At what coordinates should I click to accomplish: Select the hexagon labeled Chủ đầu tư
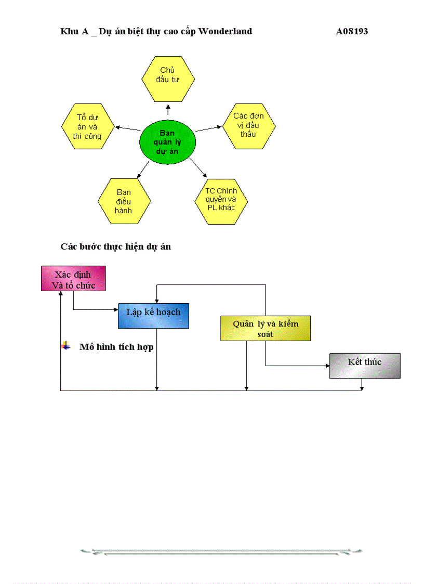[x=168, y=77]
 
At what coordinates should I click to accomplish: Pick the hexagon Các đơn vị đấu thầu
[x=248, y=125]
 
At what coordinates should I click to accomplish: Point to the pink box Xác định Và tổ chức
[x=73, y=279]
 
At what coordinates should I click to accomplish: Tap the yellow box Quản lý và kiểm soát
[x=265, y=329]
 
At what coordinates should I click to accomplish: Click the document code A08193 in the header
[x=352, y=31]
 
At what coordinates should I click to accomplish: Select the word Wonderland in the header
[x=225, y=31]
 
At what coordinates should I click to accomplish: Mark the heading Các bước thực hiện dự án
[x=115, y=246]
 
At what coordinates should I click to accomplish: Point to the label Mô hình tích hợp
[x=116, y=347]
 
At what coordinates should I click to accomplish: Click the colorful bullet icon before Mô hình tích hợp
[x=65, y=346]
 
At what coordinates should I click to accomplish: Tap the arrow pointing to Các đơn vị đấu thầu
[x=208, y=128]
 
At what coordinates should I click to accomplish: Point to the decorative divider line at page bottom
[x=221, y=552]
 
